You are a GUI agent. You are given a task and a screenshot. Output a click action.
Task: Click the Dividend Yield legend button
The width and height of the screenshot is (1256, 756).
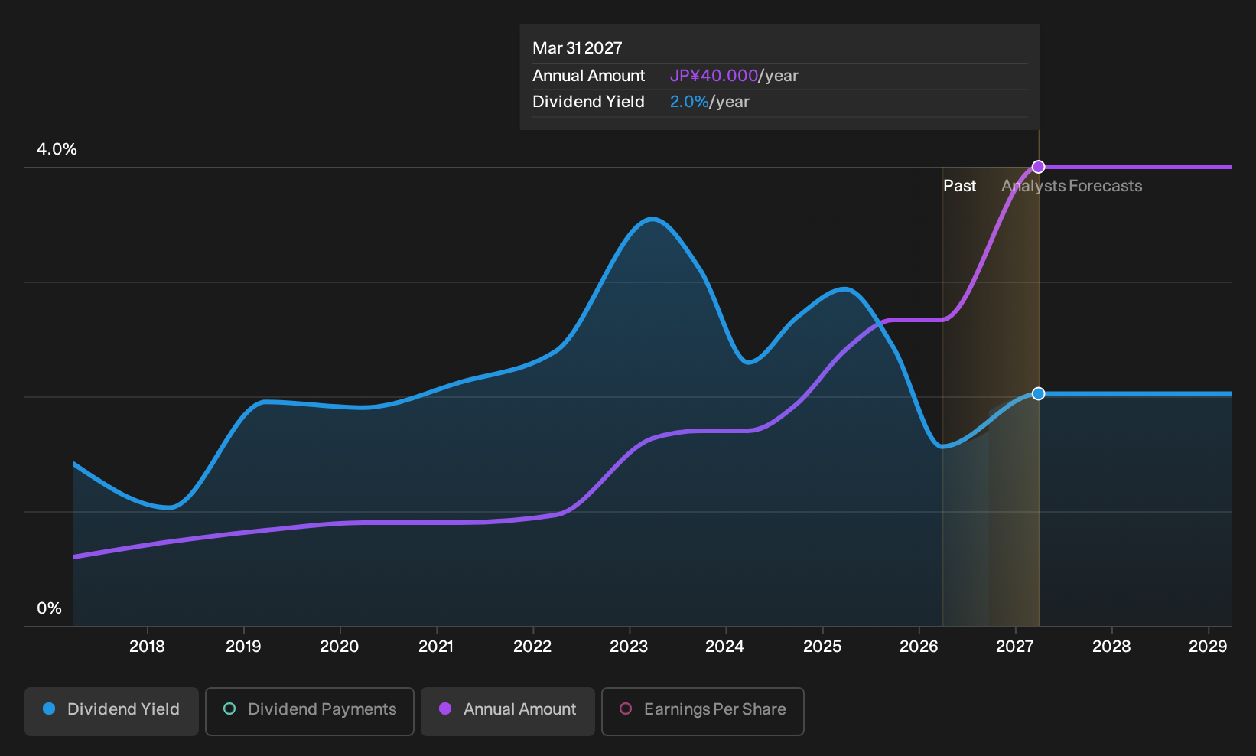click(x=112, y=711)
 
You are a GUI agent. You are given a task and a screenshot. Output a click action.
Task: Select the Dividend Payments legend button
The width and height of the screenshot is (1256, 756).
click(x=310, y=711)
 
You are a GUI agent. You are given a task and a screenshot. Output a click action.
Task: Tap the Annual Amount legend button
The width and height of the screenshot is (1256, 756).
click(x=507, y=711)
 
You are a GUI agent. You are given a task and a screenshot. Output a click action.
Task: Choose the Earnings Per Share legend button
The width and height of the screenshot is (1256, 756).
click(x=702, y=711)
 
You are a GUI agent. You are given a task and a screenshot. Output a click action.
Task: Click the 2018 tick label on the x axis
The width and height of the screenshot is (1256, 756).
click(x=147, y=647)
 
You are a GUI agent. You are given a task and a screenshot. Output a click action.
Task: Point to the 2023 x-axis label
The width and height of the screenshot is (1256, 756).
click(x=629, y=647)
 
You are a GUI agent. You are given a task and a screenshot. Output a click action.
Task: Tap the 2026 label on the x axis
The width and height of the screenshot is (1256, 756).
click(x=919, y=647)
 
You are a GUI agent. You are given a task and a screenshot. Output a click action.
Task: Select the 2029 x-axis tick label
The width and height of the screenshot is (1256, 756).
click(x=1208, y=647)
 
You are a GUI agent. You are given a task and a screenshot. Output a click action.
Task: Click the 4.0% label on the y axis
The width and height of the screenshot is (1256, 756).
click(x=57, y=149)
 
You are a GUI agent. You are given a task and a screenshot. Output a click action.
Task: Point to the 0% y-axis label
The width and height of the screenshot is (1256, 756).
click(x=50, y=608)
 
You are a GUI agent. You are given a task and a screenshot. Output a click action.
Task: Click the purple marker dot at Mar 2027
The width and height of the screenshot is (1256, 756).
click(x=1039, y=167)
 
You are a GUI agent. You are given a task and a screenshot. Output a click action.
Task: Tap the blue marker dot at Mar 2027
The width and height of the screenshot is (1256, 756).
click(x=1039, y=394)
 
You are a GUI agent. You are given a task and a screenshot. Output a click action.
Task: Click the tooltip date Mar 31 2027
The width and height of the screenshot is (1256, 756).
click(x=577, y=48)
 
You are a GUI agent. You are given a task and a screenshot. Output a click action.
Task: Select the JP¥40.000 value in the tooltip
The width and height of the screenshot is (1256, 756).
click(x=714, y=76)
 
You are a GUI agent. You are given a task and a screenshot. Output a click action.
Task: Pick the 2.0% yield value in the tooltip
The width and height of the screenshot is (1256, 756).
click(x=689, y=102)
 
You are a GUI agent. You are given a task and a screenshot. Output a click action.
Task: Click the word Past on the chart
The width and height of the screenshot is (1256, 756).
click(x=959, y=186)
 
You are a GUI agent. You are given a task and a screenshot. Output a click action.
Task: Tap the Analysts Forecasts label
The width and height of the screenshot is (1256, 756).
click(x=1072, y=186)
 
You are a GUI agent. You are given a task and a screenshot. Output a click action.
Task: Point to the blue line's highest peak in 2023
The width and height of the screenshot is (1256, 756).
click(x=652, y=219)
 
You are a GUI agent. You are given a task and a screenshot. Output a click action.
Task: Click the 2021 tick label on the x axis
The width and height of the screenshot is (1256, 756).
click(x=436, y=647)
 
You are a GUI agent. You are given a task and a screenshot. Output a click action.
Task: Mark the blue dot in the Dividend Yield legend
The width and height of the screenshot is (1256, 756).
click(x=50, y=709)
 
